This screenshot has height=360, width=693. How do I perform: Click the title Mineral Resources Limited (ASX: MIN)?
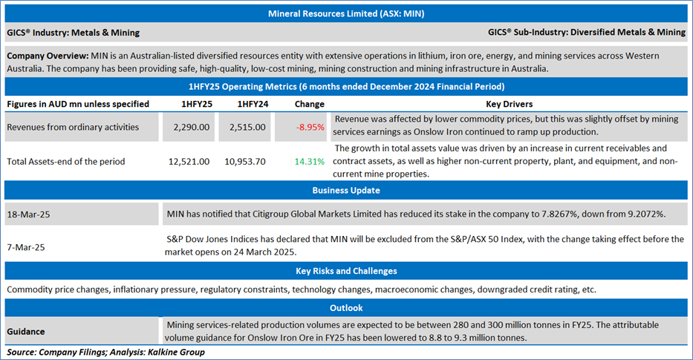point(346,13)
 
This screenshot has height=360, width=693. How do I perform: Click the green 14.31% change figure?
point(310,161)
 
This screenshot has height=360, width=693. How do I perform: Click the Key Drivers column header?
point(508,104)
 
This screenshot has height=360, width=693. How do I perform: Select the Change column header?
point(309,104)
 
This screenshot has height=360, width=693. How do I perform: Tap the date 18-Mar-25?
point(27,213)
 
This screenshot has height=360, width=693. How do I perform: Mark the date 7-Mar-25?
point(25,246)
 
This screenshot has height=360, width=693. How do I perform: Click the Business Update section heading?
point(346,190)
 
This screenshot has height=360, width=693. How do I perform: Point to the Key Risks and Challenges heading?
point(346,271)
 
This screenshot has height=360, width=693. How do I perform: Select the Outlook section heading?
point(346,307)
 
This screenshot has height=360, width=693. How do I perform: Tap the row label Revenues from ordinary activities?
point(73,127)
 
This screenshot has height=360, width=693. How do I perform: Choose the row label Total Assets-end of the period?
point(65,161)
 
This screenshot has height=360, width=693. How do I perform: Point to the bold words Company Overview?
point(47,56)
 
